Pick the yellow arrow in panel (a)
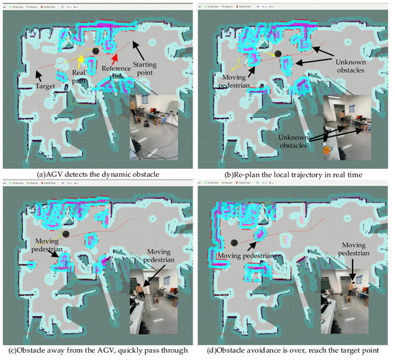(81, 60)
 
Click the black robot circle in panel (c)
(66, 234)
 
